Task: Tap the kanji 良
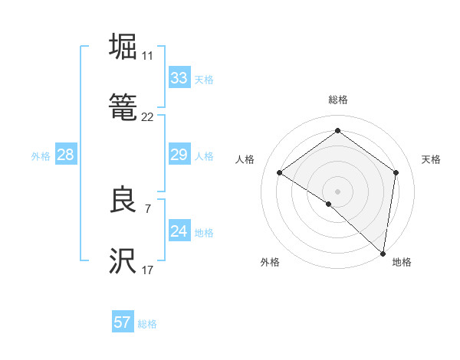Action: (x=123, y=201)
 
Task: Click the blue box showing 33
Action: (x=179, y=78)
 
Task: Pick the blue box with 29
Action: (x=179, y=155)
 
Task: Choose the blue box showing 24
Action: (x=179, y=232)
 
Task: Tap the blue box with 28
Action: (x=65, y=155)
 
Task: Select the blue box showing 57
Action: (x=123, y=323)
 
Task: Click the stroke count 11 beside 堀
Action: (x=147, y=56)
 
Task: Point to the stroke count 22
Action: (x=147, y=117)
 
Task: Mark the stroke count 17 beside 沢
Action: (x=147, y=270)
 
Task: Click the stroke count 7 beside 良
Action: (x=147, y=208)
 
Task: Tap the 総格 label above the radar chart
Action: (x=337, y=100)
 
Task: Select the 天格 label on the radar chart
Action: (x=431, y=159)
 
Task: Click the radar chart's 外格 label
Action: (x=270, y=262)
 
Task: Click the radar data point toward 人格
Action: (x=280, y=172)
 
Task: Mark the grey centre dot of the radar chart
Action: (x=337, y=191)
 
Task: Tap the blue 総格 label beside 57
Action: (x=147, y=324)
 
